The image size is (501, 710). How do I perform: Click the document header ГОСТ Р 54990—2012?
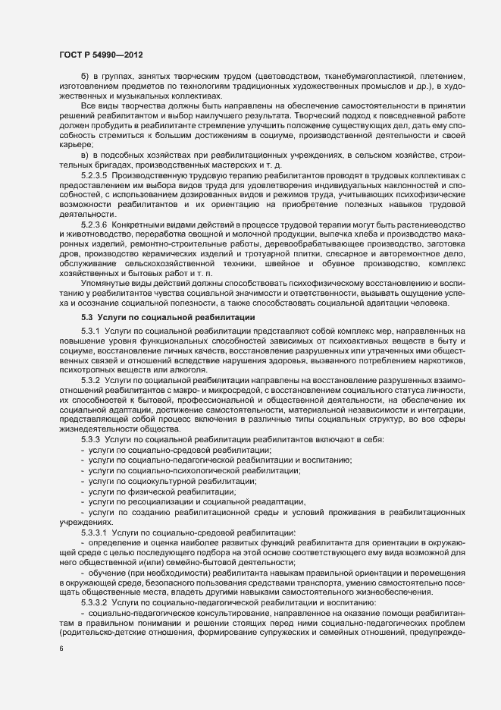100,55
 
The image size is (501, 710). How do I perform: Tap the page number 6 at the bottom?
61,649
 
